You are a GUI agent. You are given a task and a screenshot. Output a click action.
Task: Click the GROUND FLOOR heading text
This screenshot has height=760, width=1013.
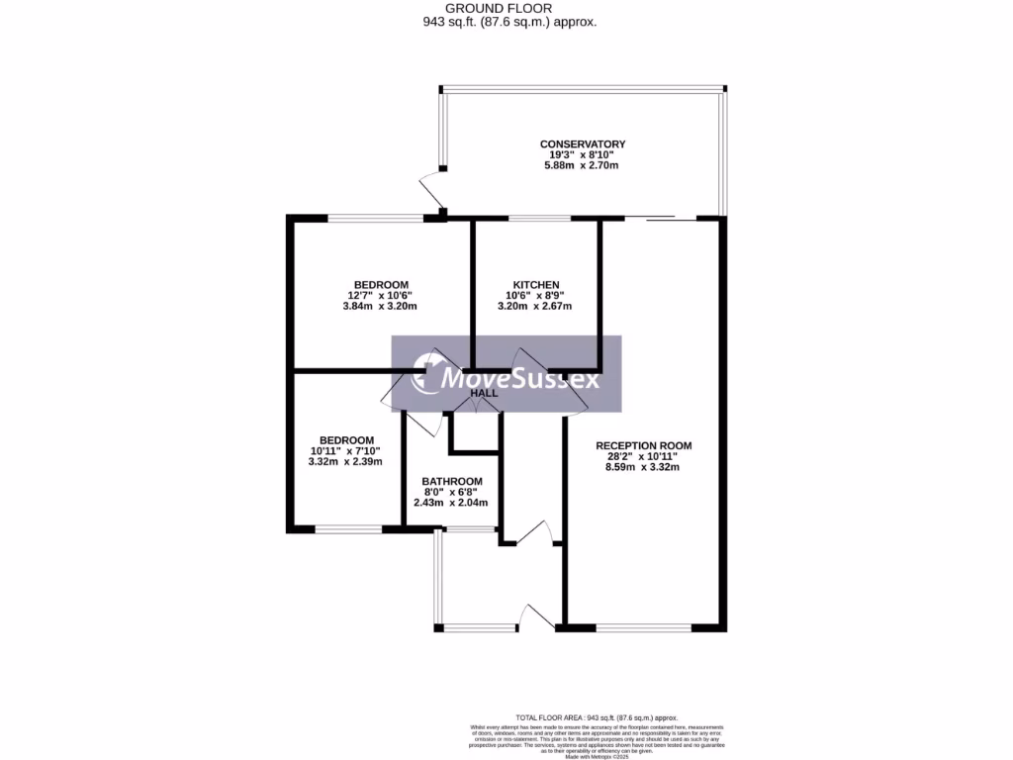click(x=506, y=8)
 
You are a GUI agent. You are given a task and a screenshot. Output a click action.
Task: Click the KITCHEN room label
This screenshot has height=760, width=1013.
click(x=536, y=285)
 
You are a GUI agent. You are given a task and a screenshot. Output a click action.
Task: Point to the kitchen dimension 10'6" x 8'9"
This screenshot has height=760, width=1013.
click(x=536, y=296)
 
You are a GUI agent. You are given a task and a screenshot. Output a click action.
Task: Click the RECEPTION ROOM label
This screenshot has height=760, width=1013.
click(x=643, y=446)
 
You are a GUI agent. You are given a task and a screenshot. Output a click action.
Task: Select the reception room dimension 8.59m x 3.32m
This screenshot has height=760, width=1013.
click(x=643, y=468)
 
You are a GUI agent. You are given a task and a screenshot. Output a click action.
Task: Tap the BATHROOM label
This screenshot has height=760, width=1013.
click(x=452, y=481)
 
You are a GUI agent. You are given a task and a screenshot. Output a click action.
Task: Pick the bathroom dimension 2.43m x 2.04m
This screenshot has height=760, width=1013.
click(x=452, y=503)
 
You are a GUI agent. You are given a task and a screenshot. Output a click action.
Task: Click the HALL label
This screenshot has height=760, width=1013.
click(x=484, y=394)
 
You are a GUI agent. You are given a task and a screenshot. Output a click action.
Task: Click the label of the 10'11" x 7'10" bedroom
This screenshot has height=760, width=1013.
click(x=345, y=440)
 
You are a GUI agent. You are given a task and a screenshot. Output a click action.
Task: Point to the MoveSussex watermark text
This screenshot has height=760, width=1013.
click(x=518, y=377)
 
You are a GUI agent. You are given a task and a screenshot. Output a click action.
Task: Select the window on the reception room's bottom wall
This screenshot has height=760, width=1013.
click(x=643, y=627)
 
